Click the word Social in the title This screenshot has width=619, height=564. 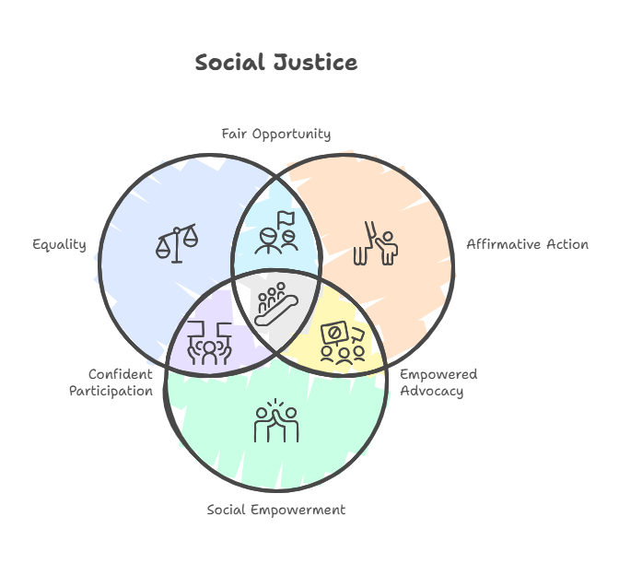(229, 63)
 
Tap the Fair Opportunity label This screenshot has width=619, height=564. (276, 135)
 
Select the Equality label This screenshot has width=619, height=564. (59, 245)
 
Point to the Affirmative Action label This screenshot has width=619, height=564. (528, 244)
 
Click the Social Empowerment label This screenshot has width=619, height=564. (276, 510)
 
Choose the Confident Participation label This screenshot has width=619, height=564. (111, 382)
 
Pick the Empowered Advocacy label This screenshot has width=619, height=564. (438, 382)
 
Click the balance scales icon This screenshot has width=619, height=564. (177, 243)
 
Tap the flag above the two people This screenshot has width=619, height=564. (286, 219)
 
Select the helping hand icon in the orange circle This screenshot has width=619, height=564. (376, 243)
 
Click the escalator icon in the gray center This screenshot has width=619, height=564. (276, 304)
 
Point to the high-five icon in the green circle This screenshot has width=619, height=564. (276, 420)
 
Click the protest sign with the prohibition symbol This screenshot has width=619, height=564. (334, 333)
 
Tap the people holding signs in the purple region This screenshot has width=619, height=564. (209, 344)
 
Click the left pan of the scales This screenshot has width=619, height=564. (162, 249)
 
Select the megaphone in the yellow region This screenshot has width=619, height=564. (358, 335)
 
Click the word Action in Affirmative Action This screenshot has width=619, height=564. (567, 244)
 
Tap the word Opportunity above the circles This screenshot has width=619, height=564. (291, 135)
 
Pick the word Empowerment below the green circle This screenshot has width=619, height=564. (298, 510)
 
